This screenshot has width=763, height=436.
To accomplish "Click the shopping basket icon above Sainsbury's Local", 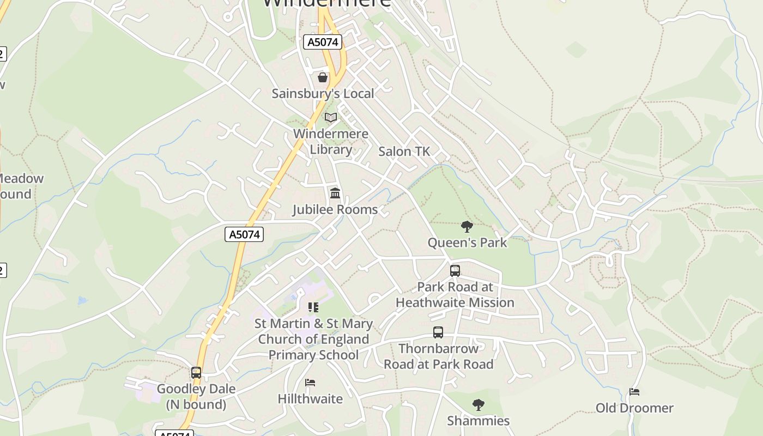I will (x=323, y=77).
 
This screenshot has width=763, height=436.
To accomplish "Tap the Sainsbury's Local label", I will (x=323, y=93).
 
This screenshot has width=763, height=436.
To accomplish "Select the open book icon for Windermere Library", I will (x=331, y=117).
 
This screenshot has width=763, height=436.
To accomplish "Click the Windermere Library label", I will (x=331, y=141).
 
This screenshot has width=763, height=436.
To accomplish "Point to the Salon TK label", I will (x=404, y=152).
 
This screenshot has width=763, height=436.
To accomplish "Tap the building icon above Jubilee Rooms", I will (x=335, y=193).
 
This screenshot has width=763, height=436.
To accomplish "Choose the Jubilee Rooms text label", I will (x=335, y=210).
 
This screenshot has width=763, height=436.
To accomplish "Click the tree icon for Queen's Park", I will (x=467, y=227).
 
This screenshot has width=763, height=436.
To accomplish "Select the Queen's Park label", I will (x=467, y=243).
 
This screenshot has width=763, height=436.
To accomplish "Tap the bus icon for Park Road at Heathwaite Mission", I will (x=455, y=270).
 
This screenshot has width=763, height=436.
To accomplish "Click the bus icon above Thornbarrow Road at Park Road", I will (x=438, y=332).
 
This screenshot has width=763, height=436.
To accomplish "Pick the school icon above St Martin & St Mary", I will (x=313, y=307).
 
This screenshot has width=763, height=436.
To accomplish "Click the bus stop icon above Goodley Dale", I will (x=196, y=373).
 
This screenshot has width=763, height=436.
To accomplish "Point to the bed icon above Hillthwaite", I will (x=310, y=383).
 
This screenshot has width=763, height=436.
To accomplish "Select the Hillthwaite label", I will (x=310, y=399).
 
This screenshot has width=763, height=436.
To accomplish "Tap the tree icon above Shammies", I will (x=478, y=404).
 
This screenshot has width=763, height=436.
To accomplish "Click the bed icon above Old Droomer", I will (x=634, y=392).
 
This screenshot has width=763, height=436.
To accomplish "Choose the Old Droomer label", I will (x=634, y=408).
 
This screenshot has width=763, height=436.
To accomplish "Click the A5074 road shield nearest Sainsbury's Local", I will (x=322, y=42).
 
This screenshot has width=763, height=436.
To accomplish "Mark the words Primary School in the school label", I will (x=313, y=355).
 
